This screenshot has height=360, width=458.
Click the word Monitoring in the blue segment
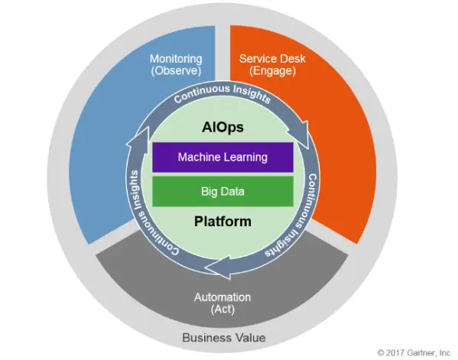point(176,59)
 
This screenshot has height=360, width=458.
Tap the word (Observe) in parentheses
point(176,71)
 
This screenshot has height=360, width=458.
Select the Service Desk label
point(272,59)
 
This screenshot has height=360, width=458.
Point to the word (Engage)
point(272,71)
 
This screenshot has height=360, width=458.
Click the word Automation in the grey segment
point(223,297)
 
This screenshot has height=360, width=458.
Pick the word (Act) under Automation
point(223,310)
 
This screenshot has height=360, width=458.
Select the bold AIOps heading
point(223,128)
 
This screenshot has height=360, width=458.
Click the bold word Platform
point(223,221)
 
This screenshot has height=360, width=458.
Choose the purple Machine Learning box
point(223,157)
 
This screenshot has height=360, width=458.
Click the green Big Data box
point(223,191)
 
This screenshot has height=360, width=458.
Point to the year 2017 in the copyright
point(395,353)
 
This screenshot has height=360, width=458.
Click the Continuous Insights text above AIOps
point(223,92)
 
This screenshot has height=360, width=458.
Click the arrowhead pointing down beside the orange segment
point(300,134)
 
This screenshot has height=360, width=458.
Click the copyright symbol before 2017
point(381,353)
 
